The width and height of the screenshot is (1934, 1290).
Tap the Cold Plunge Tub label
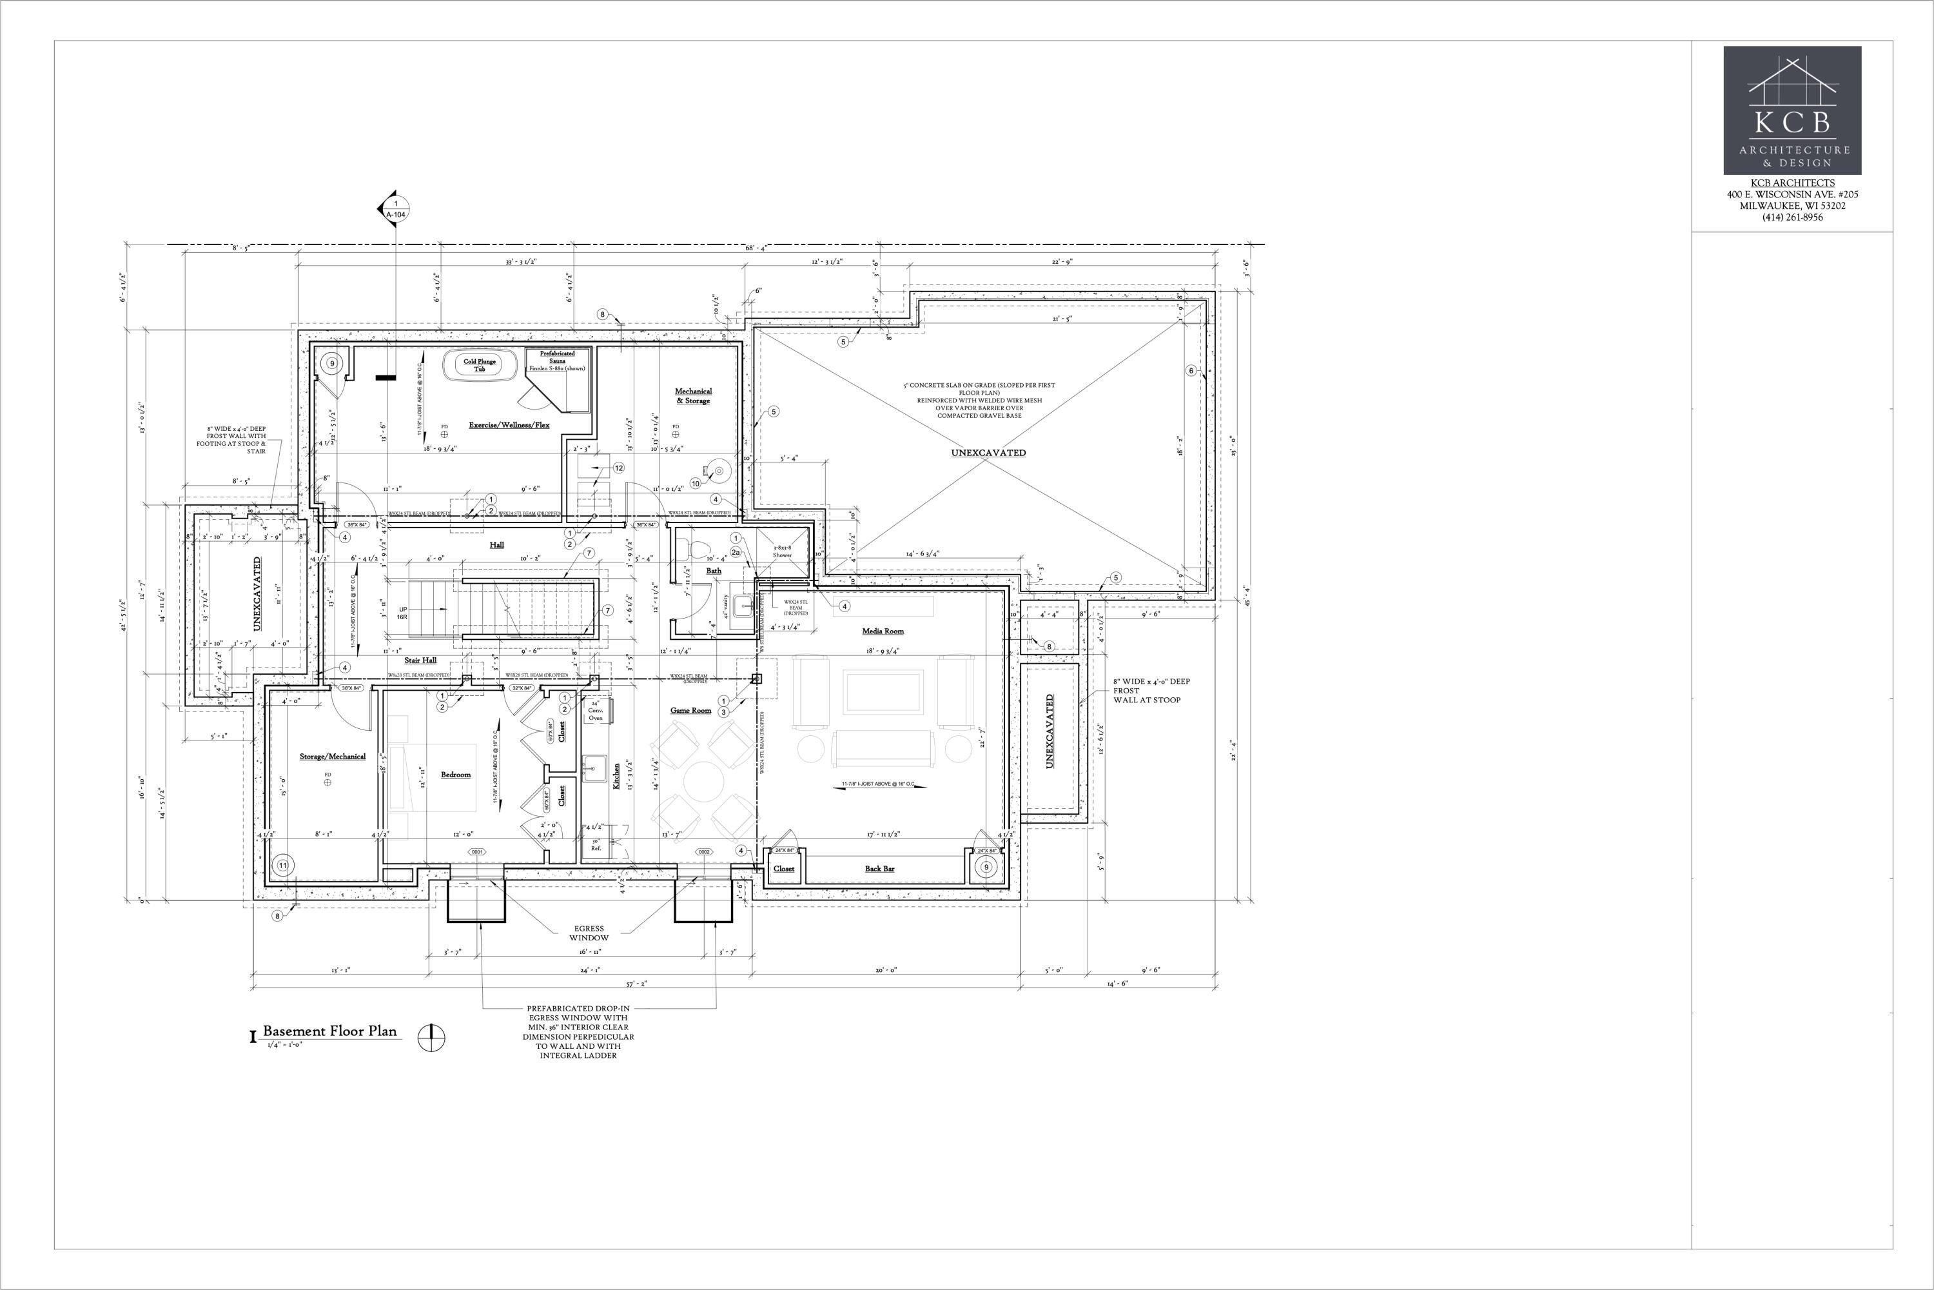(480, 365)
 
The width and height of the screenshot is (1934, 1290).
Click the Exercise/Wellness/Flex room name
(509, 425)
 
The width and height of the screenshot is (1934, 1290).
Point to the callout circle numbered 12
(618, 468)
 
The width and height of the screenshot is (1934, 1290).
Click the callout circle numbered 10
(696, 484)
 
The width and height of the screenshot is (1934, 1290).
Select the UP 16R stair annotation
(403, 613)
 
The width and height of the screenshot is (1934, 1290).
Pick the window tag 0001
(476, 852)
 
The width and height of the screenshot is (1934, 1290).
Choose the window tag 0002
(704, 852)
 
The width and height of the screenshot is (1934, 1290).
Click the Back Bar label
(879, 869)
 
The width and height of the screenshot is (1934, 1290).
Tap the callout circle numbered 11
(283, 866)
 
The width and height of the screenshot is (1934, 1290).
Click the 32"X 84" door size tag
(522, 688)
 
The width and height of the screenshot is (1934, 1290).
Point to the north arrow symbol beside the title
(431, 1037)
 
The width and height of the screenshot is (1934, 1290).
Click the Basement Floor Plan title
(329, 1031)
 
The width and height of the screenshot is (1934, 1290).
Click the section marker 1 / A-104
(396, 208)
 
